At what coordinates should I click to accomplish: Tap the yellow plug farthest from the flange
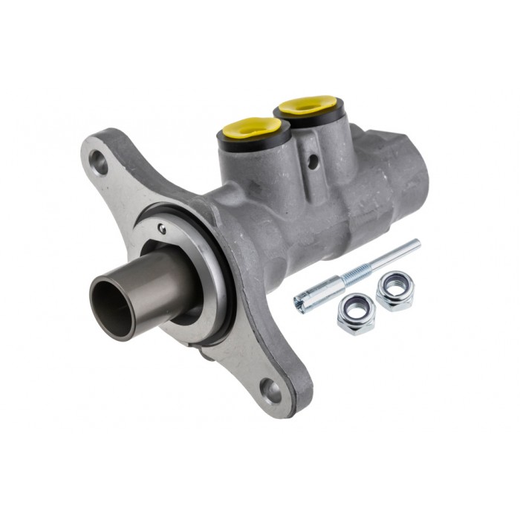(307, 105)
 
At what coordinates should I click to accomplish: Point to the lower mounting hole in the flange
(269, 389)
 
